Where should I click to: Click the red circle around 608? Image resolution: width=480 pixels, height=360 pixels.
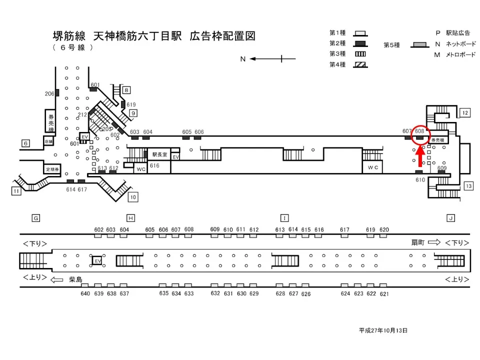point(419,134)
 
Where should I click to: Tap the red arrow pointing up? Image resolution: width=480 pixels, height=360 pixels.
point(420,156)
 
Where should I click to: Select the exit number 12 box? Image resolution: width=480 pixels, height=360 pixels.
point(465,112)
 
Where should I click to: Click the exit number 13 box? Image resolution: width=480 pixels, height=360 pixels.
point(468,186)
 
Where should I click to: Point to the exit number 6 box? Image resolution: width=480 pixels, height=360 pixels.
point(25,143)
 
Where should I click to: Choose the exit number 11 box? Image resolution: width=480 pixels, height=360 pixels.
point(16,190)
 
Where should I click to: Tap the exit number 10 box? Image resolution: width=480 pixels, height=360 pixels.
point(132,196)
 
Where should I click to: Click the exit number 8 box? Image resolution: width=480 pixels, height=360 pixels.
point(127,90)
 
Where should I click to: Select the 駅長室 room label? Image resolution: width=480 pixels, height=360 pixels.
point(161,154)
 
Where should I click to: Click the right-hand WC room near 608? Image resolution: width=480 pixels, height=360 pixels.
point(373,167)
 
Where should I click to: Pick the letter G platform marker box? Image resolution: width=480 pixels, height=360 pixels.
point(35,218)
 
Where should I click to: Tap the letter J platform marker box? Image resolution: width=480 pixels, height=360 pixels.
point(450,218)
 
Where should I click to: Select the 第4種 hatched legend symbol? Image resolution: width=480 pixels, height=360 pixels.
point(360,64)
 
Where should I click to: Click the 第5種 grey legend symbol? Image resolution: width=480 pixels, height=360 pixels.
point(419,45)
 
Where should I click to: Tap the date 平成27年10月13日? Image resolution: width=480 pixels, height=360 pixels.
point(383,330)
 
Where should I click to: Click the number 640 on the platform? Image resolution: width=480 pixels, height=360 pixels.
point(85,293)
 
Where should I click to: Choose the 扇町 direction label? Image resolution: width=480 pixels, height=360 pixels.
point(417,242)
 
